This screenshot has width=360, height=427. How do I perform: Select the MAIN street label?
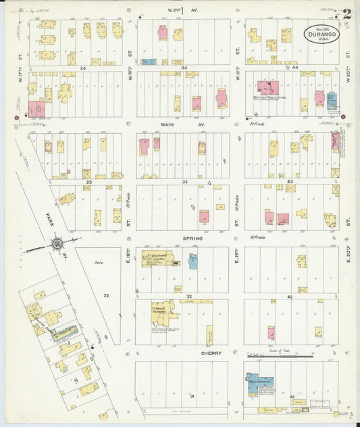point(168,124)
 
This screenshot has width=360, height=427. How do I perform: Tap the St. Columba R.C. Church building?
point(157,259)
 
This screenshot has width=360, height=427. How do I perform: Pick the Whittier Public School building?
point(267,87)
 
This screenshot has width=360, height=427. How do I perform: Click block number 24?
point(83,68)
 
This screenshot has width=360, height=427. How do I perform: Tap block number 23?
point(88,182)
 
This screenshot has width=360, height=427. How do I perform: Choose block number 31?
point(192,395)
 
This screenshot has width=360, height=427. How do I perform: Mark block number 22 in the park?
point(106,295)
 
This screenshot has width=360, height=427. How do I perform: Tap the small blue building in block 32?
point(192,261)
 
